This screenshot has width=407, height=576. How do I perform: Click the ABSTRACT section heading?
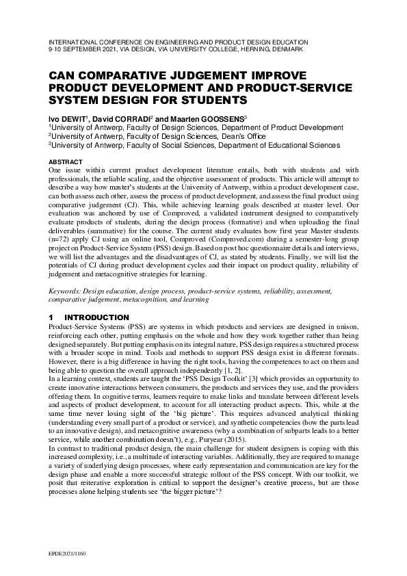[66, 162]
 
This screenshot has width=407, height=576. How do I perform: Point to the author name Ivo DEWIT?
[67, 118]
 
